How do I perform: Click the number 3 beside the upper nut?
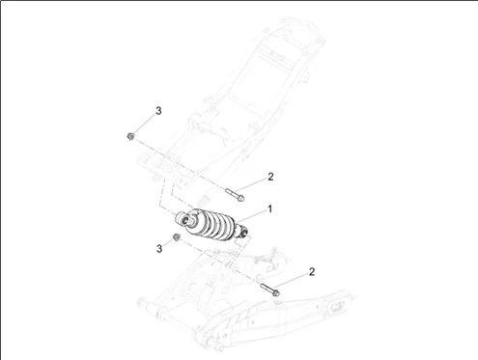[158, 111]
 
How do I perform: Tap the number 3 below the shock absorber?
[159, 249]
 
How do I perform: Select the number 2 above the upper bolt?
[270, 177]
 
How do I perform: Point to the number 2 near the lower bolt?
[312, 272]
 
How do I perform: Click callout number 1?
[270, 209]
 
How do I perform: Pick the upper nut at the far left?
[130, 136]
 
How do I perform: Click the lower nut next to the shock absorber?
[176, 237]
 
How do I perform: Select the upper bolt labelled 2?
[235, 195]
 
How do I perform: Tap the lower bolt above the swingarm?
[269, 290]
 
